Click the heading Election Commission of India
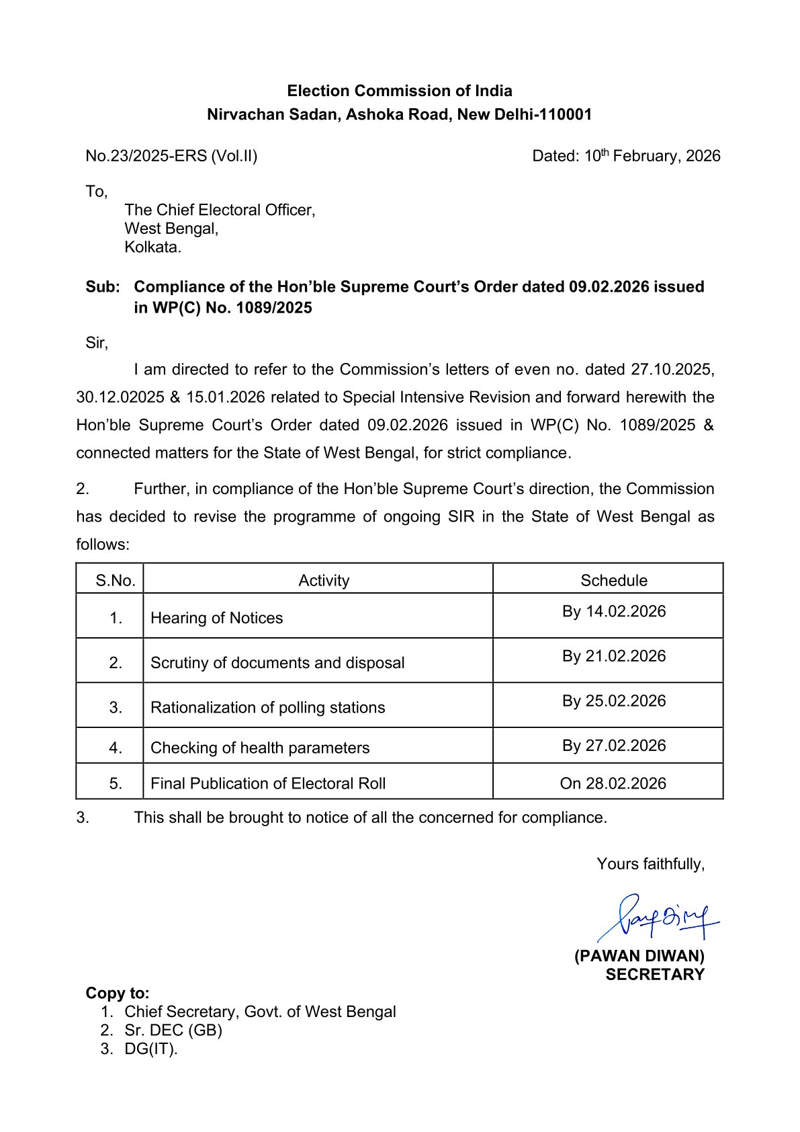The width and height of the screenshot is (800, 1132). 400,91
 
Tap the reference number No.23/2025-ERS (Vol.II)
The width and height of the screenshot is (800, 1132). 171,156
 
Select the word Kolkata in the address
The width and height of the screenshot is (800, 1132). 152,247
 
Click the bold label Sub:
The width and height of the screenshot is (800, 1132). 103,287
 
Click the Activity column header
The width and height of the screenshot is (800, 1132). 324,580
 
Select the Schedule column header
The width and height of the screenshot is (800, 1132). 614,580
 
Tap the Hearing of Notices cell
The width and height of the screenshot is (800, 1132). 216,618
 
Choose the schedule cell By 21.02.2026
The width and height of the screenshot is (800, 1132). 614,656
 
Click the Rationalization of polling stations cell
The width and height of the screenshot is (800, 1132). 267,707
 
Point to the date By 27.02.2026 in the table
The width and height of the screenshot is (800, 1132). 614,745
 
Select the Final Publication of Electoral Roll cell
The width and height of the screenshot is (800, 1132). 268,783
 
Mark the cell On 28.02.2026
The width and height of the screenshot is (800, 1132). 613,783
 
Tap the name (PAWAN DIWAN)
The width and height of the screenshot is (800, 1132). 639,956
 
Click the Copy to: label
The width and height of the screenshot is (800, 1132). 118,993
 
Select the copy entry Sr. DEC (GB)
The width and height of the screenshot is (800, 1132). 173,1030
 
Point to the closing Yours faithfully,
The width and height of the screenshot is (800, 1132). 650,864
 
